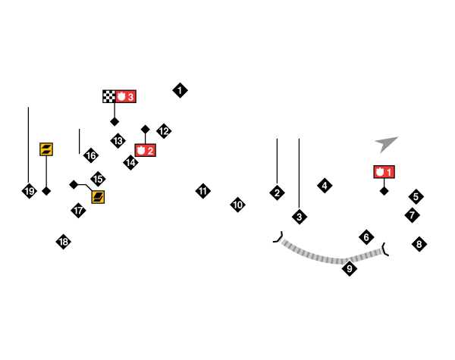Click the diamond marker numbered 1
tap(180, 90)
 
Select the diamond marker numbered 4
tap(325, 186)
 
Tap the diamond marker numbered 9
tap(350, 268)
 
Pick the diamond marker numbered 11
tap(202, 191)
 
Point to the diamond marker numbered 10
tap(237, 205)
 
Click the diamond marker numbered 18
tap(64, 242)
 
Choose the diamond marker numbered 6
tap(366, 237)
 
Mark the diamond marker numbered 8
tap(419, 244)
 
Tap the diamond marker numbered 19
tap(29, 191)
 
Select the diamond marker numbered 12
tap(164, 131)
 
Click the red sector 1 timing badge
tap(384, 172)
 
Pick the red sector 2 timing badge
tap(145, 150)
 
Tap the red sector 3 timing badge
tap(127, 96)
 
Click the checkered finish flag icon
tap(109, 96)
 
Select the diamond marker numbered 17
tap(78, 210)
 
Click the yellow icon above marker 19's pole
tap(46, 149)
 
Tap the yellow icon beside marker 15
tap(98, 197)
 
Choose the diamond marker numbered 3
tap(299, 217)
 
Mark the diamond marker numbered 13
tap(118, 140)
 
